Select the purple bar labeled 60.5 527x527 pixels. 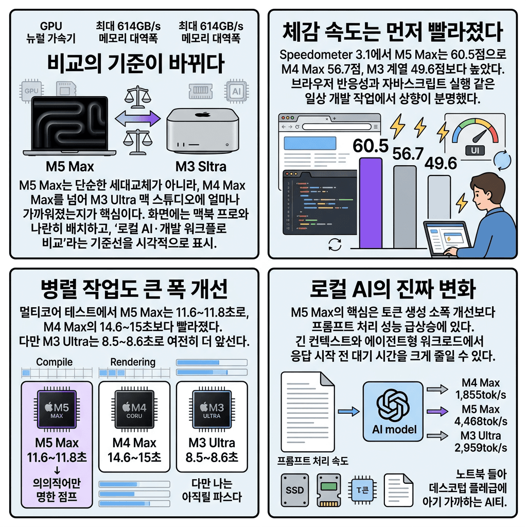pyautogui.click(x=371, y=203)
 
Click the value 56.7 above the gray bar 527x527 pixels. pyautogui.click(x=407, y=153)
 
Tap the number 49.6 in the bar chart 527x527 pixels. pyautogui.click(x=441, y=164)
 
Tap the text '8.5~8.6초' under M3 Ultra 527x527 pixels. pyautogui.click(x=212, y=457)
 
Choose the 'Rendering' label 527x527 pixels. pyautogui.click(x=133, y=362)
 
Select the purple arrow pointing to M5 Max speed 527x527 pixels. pyautogui.click(x=438, y=412)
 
